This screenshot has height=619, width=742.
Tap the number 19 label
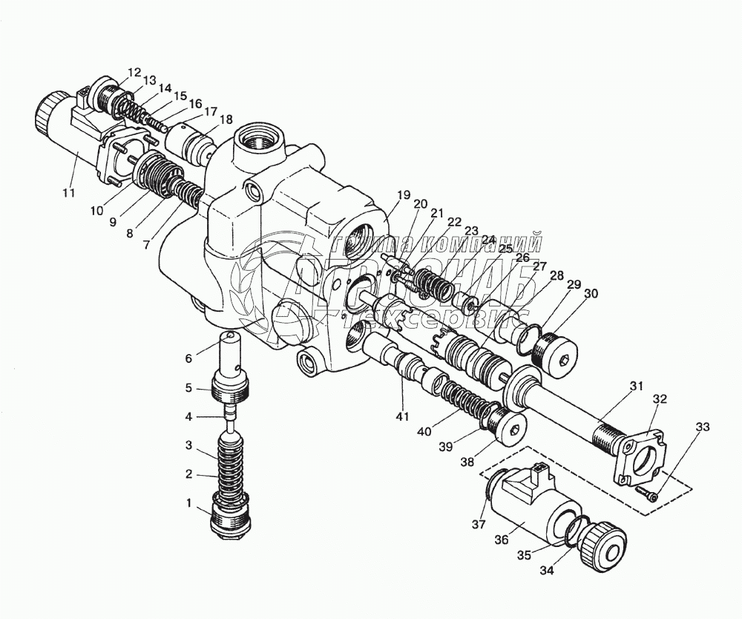[403, 195]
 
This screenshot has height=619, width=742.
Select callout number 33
[703, 427]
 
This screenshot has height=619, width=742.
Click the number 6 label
[188, 358]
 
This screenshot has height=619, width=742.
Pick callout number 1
[189, 504]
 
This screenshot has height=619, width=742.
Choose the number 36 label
[502, 540]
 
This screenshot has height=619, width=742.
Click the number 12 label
[134, 72]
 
